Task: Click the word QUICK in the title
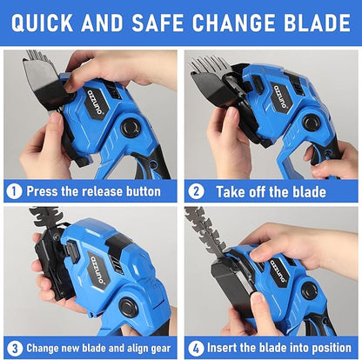[x=42, y=23]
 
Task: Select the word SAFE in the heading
[x=158, y=23]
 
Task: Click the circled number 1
[x=14, y=191]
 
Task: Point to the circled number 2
[x=196, y=191]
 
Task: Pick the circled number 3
[x=15, y=348]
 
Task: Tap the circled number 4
[x=196, y=348]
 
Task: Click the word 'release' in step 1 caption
[x=101, y=191]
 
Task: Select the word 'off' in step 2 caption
[x=258, y=191]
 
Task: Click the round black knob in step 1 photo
[x=132, y=128]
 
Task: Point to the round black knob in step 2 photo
[x=312, y=123]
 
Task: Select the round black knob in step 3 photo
[x=129, y=307]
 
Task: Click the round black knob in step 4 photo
[x=310, y=290]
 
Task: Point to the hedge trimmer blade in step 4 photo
[x=205, y=229]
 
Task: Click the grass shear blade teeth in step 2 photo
[x=208, y=64]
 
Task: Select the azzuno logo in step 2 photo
[x=280, y=97]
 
